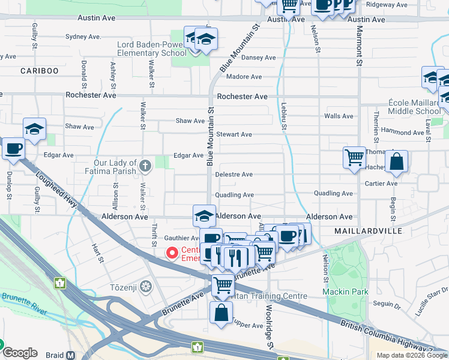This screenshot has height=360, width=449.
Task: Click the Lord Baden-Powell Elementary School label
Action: coord(152,49)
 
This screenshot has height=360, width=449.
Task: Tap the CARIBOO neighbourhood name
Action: coord(40,71)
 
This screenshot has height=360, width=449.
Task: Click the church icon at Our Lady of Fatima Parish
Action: coord(145,165)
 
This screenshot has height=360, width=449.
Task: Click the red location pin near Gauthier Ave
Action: coord(172,254)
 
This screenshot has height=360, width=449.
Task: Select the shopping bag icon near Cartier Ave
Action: coord(396,162)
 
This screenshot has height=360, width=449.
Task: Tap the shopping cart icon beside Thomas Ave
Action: coord(354,158)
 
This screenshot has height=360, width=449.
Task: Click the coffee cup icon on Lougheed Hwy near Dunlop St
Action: coord(13,148)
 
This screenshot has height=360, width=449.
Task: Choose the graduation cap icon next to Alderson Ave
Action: coord(204,215)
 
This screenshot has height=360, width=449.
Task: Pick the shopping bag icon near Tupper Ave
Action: coord(221,313)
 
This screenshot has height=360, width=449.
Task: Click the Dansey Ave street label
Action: coord(258,58)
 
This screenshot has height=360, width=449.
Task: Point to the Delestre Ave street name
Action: coord(234,175)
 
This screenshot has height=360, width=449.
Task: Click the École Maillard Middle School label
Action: coord(415,107)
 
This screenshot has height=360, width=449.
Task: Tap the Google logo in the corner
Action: coord(20,353)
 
